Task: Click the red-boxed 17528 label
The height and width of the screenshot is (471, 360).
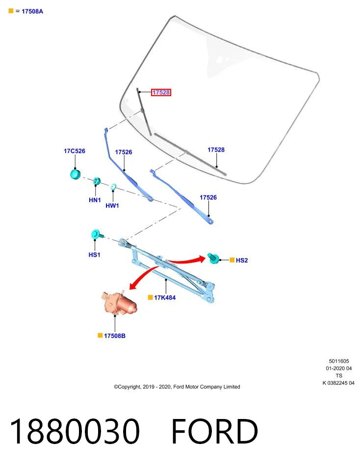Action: pyautogui.click(x=161, y=93)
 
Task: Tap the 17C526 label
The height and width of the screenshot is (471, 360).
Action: pyautogui.click(x=74, y=151)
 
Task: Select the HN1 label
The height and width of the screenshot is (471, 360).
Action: pyautogui.click(x=95, y=200)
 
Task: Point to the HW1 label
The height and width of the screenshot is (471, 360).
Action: pyautogui.click(x=112, y=206)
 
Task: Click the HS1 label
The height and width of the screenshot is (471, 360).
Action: pyautogui.click(x=94, y=255)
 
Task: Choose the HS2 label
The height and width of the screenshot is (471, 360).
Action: pyautogui.click(x=242, y=260)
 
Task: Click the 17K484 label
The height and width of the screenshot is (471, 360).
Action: pyautogui.click(x=164, y=297)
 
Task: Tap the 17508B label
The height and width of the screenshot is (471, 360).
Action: pyautogui.click(x=115, y=336)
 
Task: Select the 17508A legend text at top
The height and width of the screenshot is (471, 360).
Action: pyautogui.click(x=32, y=11)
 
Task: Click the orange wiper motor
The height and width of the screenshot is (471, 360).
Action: pyautogui.click(x=118, y=303)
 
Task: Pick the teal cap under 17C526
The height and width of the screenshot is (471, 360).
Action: pyautogui.click(x=76, y=174)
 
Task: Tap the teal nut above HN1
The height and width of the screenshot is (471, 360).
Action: pyautogui.click(x=97, y=181)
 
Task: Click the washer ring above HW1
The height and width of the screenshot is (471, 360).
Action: pyautogui.click(x=113, y=187)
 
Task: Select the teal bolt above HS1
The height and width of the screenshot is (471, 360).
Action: pyautogui.click(x=97, y=235)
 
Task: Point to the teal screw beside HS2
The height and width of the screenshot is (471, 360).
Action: pyautogui.click(x=213, y=258)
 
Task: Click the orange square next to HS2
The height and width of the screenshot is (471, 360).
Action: pyautogui.click(x=232, y=260)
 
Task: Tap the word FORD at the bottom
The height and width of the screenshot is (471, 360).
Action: pyautogui.click(x=214, y=431)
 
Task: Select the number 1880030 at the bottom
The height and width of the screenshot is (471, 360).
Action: pyautogui.click(x=75, y=431)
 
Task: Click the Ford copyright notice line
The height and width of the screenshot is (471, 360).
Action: pyautogui.click(x=177, y=387)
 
